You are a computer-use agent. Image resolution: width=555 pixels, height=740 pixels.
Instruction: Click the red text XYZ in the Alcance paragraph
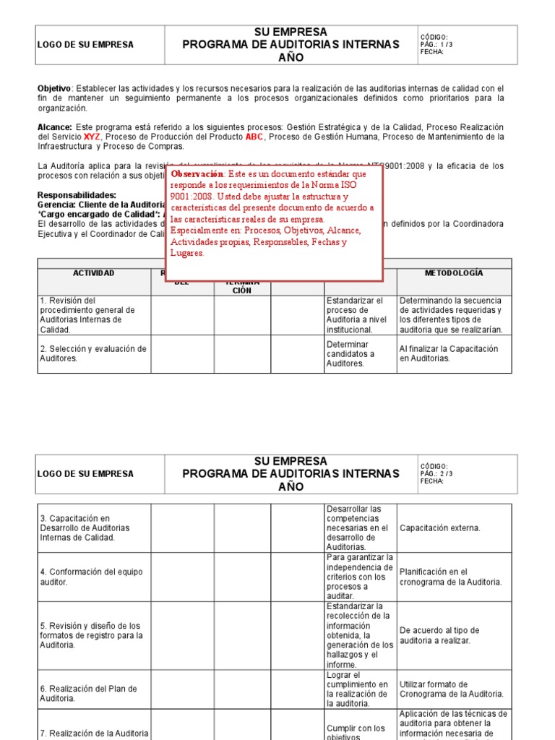point(92,137)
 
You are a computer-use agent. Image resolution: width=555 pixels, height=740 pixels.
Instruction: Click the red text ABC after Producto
point(255,137)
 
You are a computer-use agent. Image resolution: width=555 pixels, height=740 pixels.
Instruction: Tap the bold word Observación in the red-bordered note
point(197,174)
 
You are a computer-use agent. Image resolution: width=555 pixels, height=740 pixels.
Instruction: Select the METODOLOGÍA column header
point(454,273)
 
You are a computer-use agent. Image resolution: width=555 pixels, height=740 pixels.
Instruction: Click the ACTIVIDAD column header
point(94,273)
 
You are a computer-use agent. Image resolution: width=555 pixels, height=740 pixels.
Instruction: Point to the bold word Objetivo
point(54,88)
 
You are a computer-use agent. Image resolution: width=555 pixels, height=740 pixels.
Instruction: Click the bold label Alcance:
point(55,127)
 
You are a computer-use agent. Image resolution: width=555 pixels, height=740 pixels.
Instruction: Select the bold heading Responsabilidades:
point(77,195)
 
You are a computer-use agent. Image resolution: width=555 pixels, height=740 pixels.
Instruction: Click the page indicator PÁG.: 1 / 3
point(436,45)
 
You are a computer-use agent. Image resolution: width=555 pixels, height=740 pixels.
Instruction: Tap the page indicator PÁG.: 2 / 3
point(436,474)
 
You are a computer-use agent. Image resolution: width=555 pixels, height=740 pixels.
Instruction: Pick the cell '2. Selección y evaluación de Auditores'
point(93,353)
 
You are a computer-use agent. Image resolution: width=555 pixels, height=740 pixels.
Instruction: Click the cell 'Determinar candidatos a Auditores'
point(350,354)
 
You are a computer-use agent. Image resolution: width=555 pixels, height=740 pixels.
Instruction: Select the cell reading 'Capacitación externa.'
point(439,528)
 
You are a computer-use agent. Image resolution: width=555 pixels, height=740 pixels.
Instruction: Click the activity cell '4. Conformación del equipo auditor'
point(91,577)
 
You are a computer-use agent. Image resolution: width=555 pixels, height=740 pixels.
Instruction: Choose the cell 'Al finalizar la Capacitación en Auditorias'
point(449,353)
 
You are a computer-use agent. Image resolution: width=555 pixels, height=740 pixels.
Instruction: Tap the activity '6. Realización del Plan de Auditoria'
point(88,694)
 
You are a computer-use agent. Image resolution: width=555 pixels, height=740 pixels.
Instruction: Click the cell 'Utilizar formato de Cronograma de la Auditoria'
point(451,689)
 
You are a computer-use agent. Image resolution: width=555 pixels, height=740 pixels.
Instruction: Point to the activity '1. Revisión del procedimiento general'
point(81,315)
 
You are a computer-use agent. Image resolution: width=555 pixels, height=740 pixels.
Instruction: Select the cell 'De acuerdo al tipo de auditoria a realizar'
point(439,635)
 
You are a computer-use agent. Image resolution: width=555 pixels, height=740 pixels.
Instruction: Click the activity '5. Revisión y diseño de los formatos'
point(91,635)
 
